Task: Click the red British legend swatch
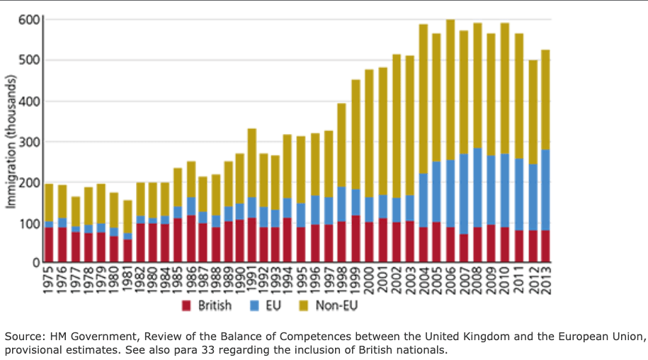[x=188, y=307]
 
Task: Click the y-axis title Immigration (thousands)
[x=11, y=142]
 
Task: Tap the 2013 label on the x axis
[x=546, y=281]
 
